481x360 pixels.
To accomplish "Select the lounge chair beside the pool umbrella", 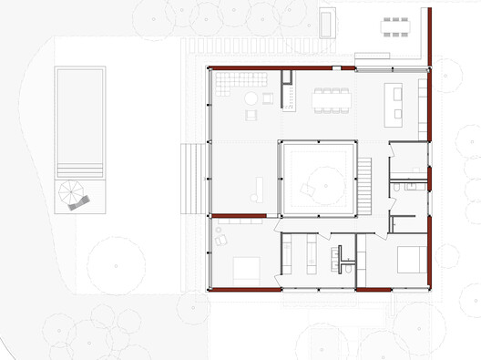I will click(79, 203).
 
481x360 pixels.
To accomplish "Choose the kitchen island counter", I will click(394, 103).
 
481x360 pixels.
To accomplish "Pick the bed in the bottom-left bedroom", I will click(247, 268).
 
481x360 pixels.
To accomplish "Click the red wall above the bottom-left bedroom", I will click(238, 216).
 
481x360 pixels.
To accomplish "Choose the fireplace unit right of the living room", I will click(288, 91).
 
